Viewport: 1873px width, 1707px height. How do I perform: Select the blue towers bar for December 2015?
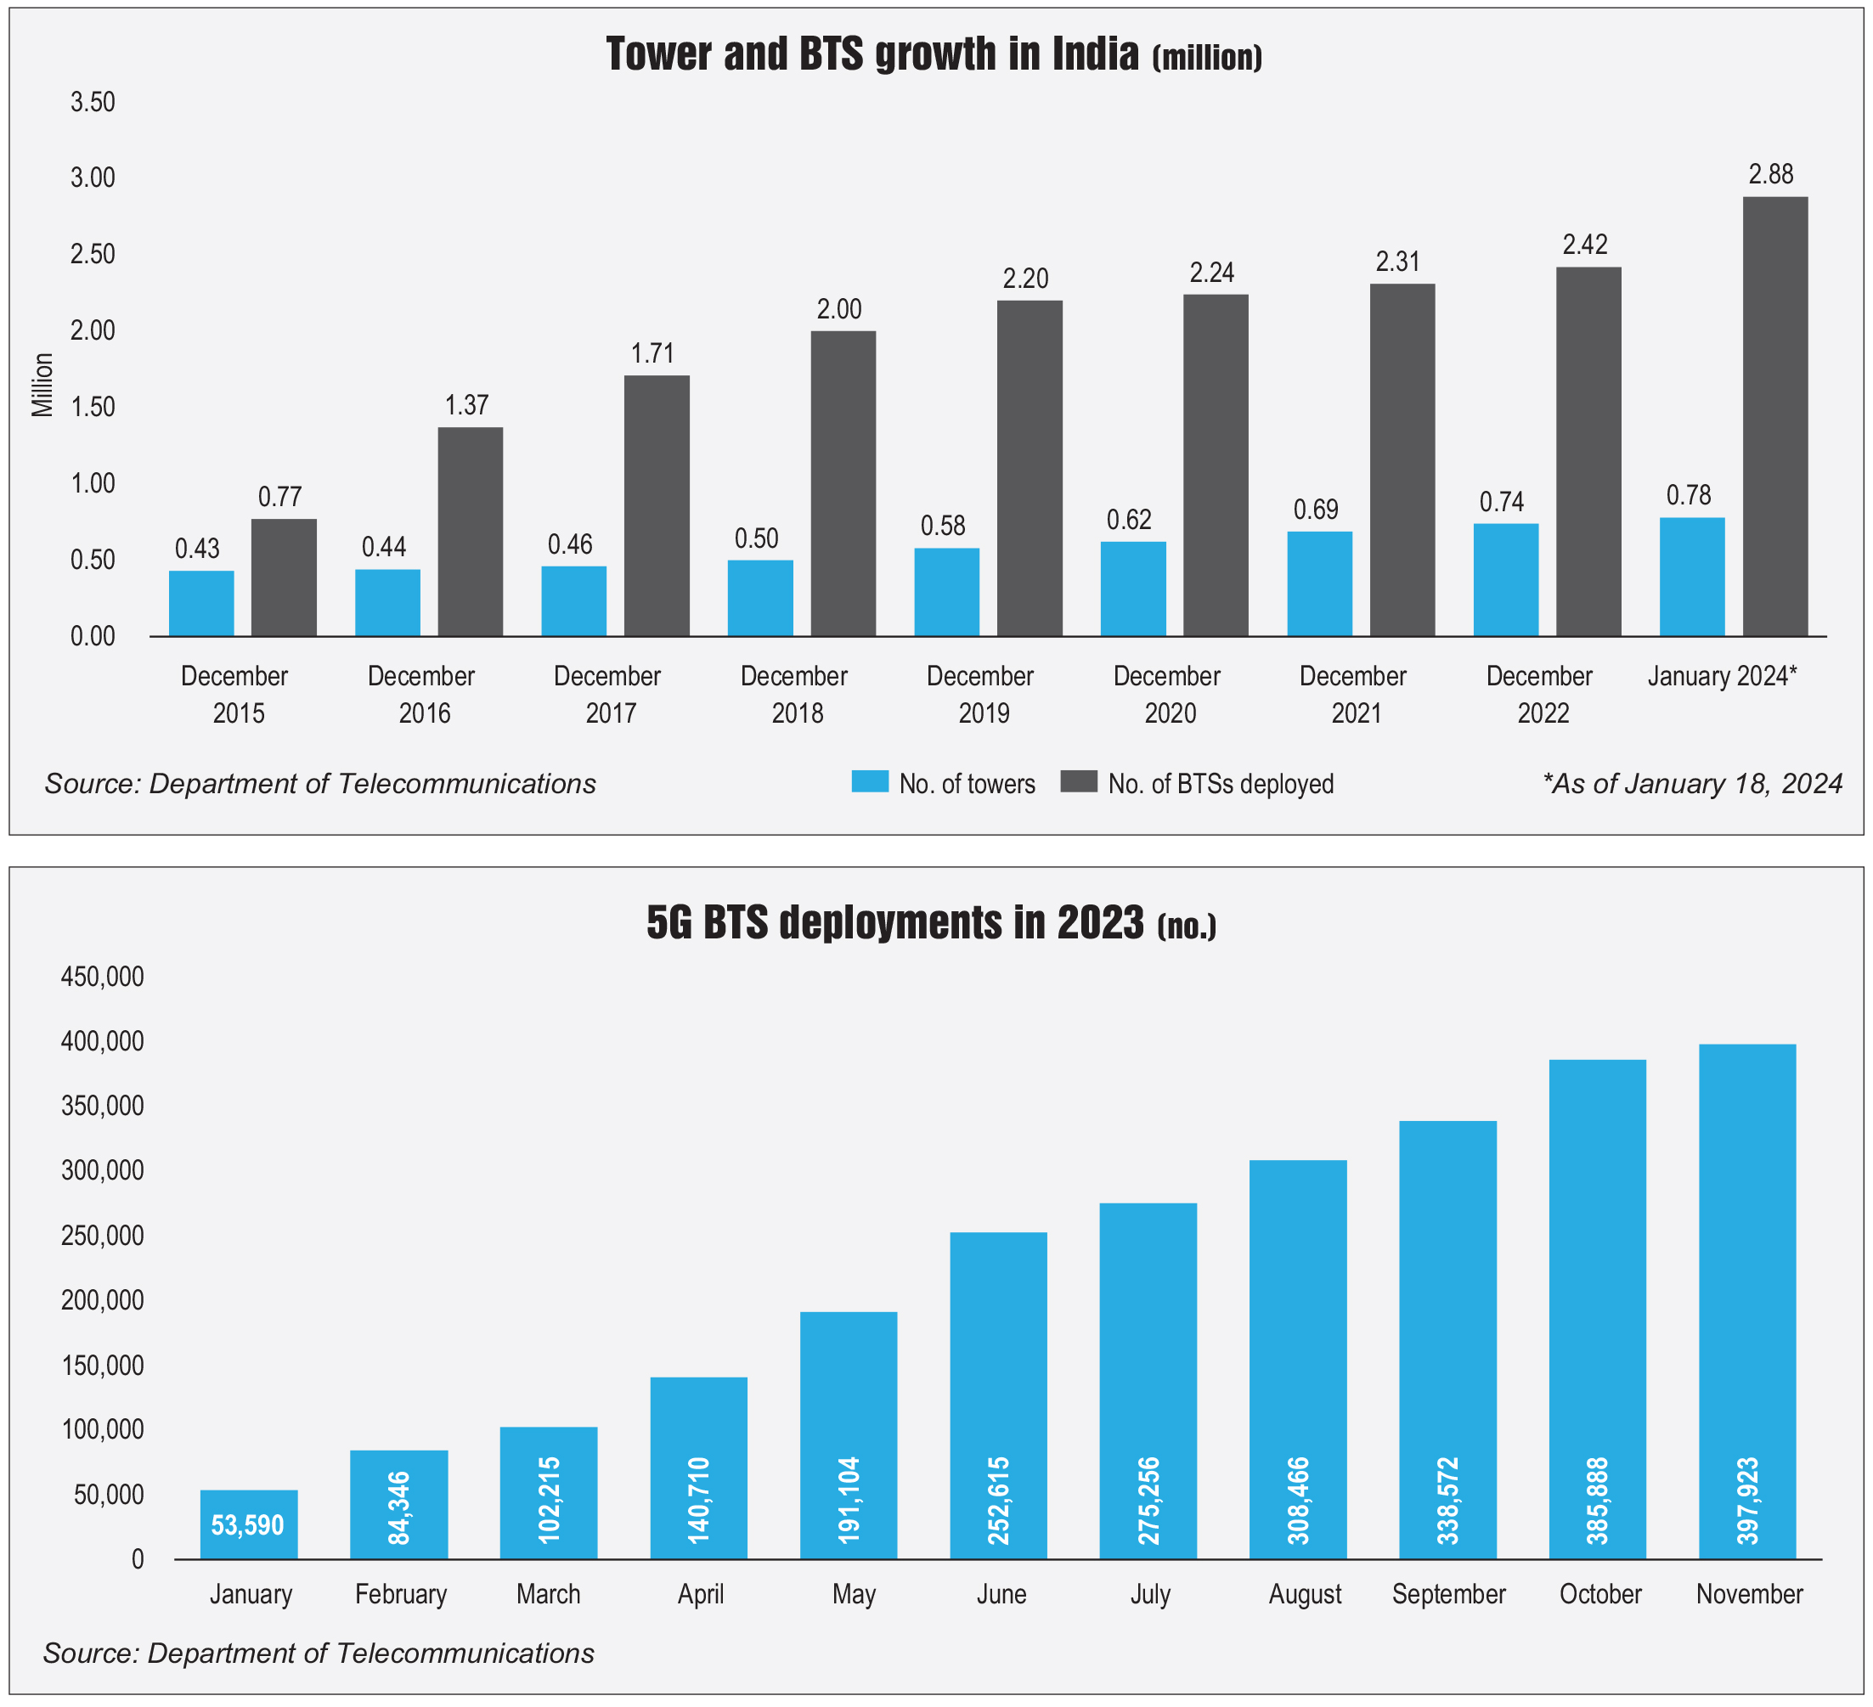coord(201,604)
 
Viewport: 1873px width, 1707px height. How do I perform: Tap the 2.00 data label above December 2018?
coord(839,309)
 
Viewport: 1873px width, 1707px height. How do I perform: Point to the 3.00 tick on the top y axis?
coord(93,177)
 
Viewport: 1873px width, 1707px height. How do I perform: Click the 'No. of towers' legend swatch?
coord(870,782)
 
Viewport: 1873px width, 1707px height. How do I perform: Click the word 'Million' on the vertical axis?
coord(42,385)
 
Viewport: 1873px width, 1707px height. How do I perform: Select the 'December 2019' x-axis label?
coord(980,694)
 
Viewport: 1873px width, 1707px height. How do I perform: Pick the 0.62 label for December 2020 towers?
coord(1129,519)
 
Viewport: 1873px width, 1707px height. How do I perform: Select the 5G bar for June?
coord(998,1394)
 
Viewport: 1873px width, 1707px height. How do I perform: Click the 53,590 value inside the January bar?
coord(247,1525)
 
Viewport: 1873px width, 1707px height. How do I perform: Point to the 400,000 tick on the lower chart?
coord(103,1042)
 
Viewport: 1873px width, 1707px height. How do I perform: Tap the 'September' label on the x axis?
coord(1448,1595)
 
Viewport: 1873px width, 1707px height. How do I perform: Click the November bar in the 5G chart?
coord(1746,1300)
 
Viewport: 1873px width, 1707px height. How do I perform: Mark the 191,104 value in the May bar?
coord(848,1501)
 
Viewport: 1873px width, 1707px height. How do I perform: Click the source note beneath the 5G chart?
coord(319,1654)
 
